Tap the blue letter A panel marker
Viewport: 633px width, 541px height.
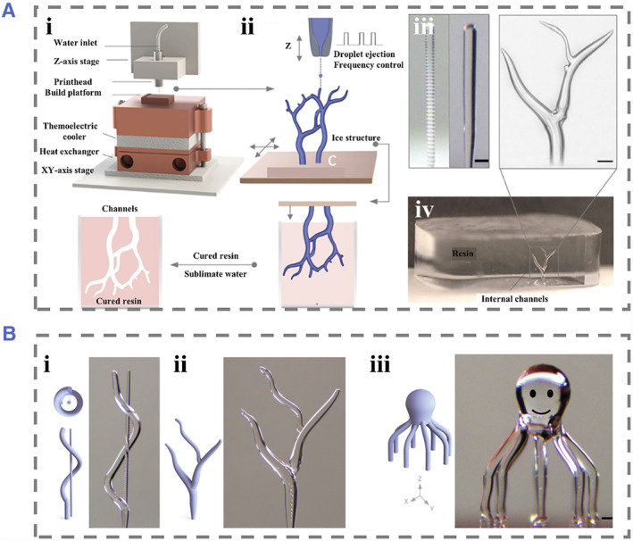[x=13, y=13]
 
